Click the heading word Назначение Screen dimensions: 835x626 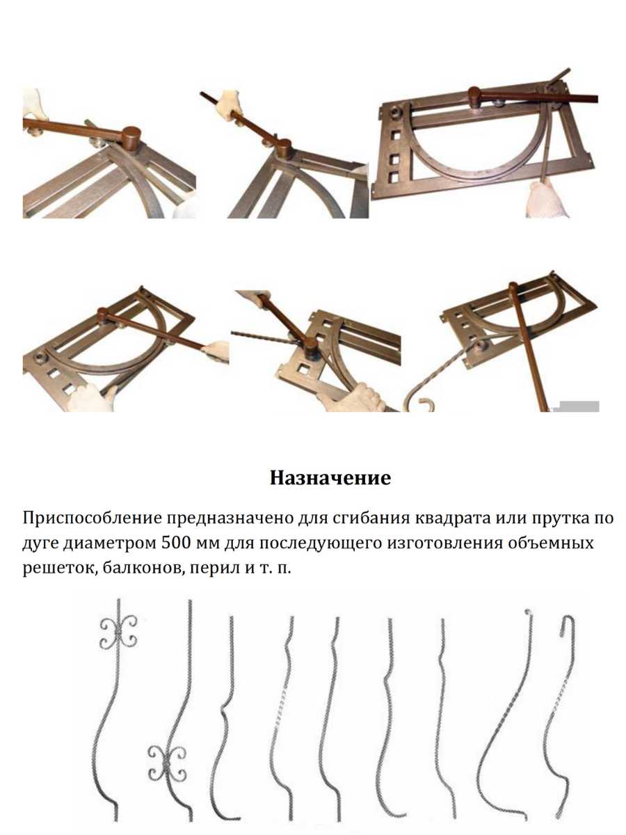(x=330, y=479)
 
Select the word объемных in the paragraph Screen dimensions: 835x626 (x=552, y=543)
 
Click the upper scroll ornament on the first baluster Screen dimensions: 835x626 (x=118, y=633)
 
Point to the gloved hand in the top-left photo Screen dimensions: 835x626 (x=35, y=104)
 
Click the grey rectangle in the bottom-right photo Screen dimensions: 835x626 (x=579, y=406)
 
